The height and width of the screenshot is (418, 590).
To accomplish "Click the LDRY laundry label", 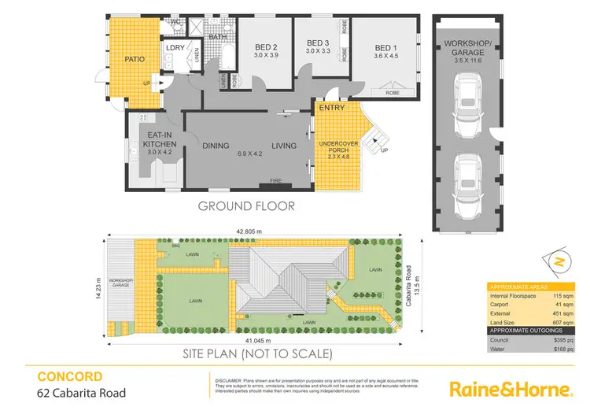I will pyautogui.click(x=175, y=48).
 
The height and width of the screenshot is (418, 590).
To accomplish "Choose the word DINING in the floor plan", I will pyautogui.click(x=216, y=146).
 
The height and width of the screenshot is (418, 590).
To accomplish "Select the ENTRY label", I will pyautogui.click(x=333, y=108).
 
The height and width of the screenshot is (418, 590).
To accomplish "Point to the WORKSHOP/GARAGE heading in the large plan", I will pyautogui.click(x=463, y=45).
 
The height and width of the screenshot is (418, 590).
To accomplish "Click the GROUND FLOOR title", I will pyautogui.click(x=247, y=207).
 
